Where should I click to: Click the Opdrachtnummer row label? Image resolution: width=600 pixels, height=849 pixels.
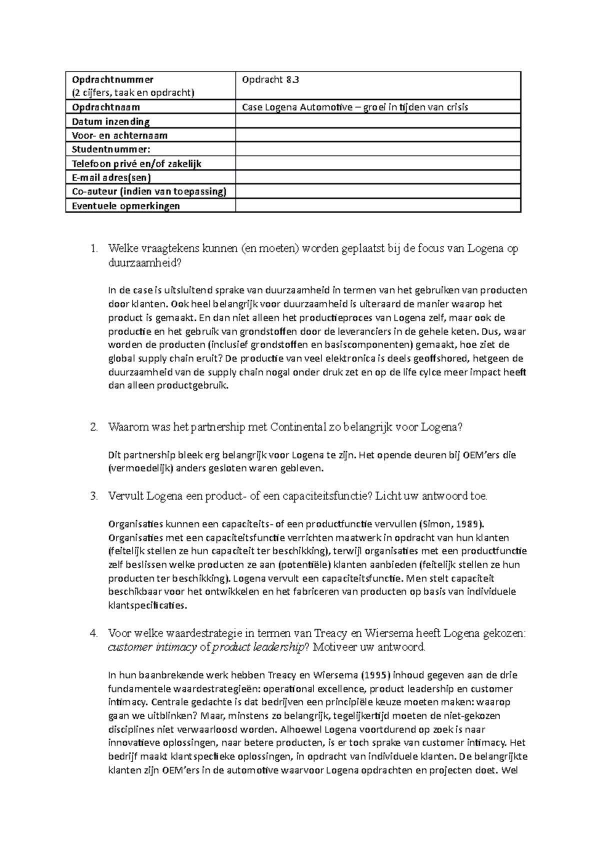point(113,79)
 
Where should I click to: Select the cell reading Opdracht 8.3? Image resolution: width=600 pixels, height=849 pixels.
point(270,79)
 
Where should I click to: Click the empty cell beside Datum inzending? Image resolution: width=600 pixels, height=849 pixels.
point(377,121)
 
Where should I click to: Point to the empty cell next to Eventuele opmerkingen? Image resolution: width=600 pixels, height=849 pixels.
point(377,205)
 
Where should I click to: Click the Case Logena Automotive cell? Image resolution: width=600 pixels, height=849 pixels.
point(355,107)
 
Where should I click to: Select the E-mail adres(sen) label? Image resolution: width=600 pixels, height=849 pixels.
point(111,177)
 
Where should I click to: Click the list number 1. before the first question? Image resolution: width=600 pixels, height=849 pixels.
point(94,248)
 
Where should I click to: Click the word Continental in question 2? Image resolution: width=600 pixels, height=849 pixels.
point(297,427)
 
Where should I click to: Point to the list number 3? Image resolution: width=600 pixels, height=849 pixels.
point(94,496)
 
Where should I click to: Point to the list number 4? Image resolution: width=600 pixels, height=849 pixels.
point(94,633)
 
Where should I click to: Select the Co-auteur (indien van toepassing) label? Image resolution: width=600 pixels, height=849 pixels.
point(149,191)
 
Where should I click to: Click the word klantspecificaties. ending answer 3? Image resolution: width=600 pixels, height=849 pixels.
point(147,605)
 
